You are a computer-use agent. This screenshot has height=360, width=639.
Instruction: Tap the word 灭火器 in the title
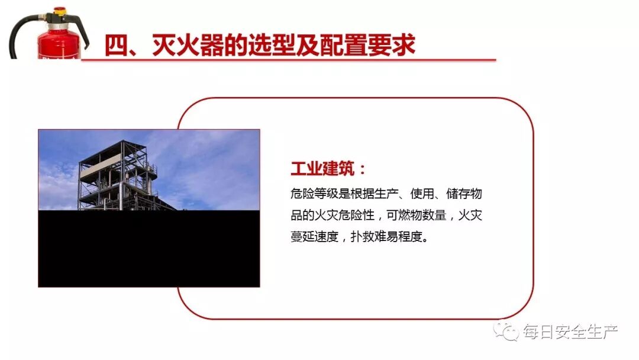[175, 46]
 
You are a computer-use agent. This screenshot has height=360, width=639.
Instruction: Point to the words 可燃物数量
[417, 216]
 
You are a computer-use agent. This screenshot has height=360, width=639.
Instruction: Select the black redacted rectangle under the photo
[149, 249]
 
